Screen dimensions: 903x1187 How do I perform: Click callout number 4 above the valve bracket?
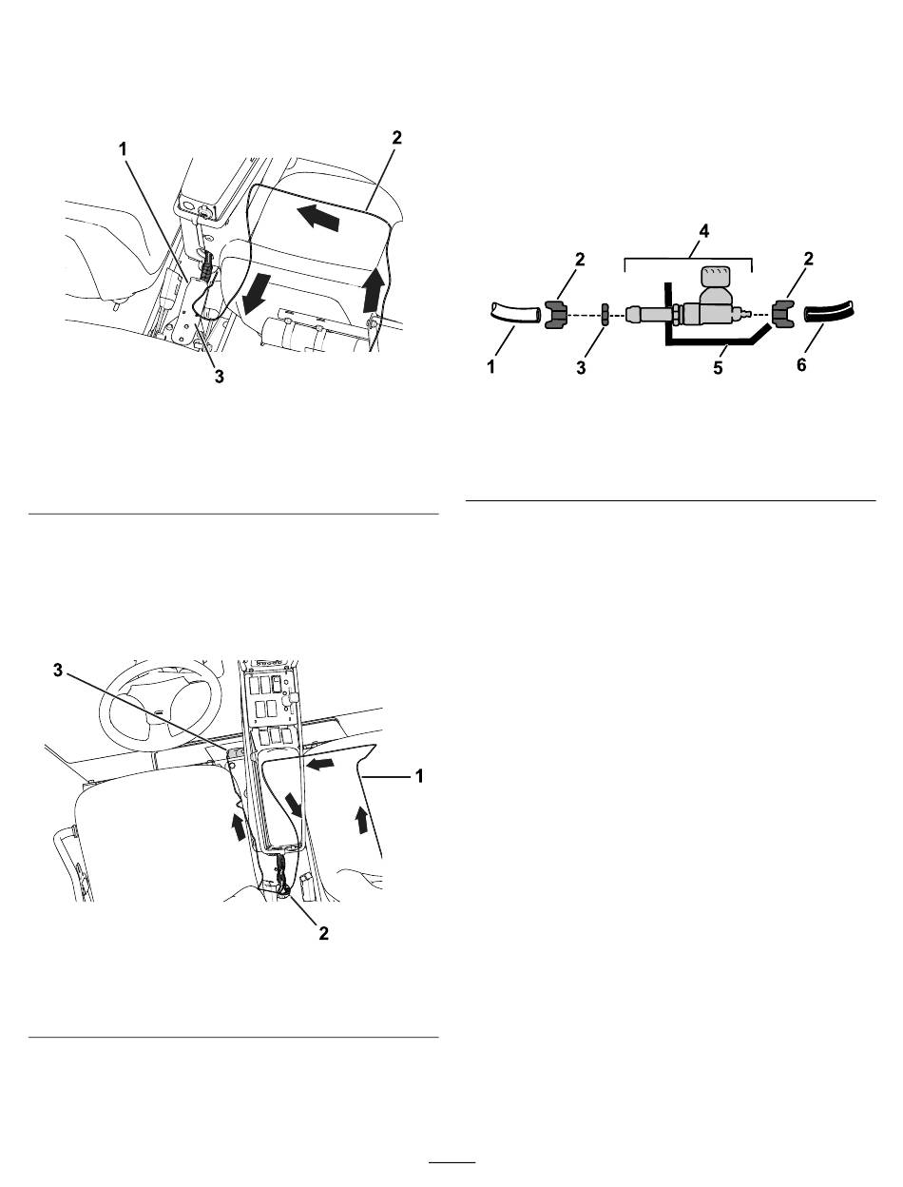703,231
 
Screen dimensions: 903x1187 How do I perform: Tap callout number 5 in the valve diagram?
718,368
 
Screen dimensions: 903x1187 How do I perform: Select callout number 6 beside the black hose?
801,365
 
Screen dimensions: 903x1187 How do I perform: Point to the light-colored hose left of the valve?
515,314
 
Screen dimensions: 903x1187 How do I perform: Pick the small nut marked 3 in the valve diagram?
605,314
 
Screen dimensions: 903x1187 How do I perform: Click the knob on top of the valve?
715,277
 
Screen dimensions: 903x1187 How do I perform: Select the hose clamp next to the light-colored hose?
556,314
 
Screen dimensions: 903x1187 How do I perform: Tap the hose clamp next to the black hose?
783,314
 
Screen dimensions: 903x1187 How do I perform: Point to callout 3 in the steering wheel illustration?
58,671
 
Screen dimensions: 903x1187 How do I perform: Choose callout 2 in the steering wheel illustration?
323,934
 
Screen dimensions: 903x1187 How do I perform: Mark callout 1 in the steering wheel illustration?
419,776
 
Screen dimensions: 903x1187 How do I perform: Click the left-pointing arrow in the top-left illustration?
319,218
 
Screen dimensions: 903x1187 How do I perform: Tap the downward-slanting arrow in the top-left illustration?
256,293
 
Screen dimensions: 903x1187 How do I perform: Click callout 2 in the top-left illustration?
397,138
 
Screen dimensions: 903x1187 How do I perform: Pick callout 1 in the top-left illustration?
124,148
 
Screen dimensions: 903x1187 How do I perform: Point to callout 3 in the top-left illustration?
219,377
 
